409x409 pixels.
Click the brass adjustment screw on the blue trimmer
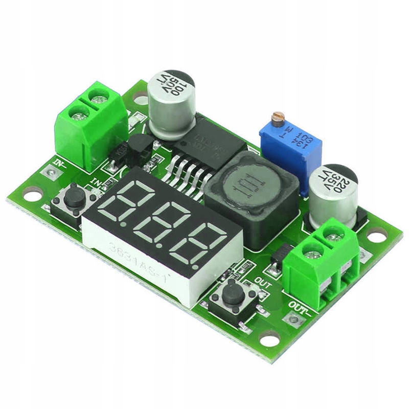[x=279, y=118]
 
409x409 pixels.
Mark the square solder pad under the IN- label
[x=51, y=173]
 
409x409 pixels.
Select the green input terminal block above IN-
[x=90, y=126]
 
